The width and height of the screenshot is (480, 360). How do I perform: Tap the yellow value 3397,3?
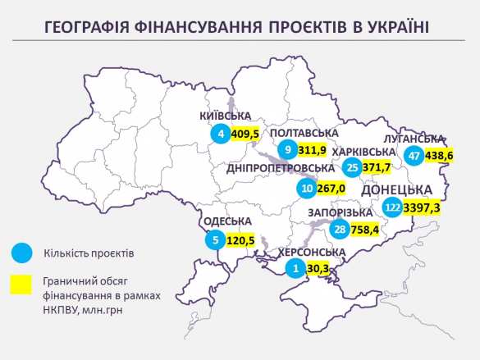[x=423, y=209]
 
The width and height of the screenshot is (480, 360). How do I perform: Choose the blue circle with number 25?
[x=354, y=168]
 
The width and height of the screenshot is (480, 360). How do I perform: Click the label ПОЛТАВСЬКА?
[x=304, y=134]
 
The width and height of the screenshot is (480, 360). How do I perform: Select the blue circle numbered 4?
[x=220, y=133]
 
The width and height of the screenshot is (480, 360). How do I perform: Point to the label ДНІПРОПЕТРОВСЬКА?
[x=282, y=168]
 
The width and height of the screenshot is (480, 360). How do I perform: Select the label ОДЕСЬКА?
[x=226, y=221]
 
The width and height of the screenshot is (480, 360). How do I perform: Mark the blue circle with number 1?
[x=296, y=267]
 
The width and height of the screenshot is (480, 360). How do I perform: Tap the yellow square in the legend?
[x=21, y=284]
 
